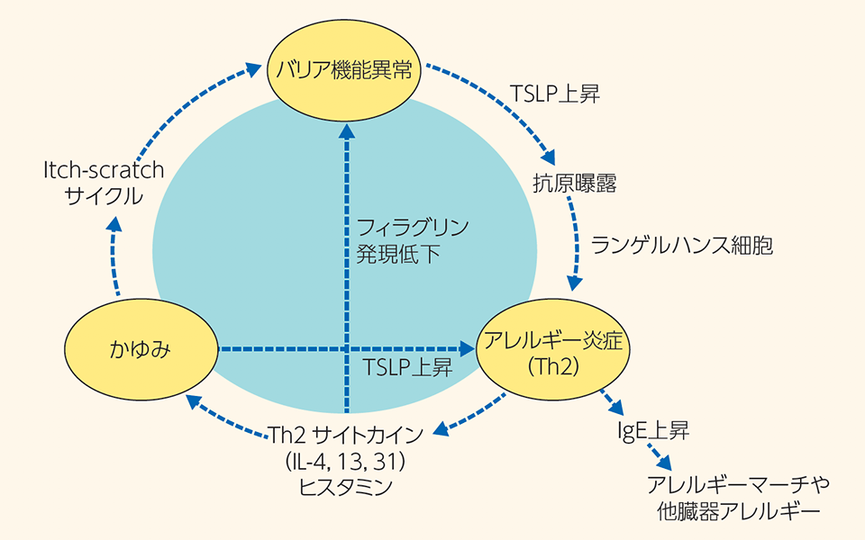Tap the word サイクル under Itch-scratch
(x=105, y=195)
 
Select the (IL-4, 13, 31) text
(x=349, y=462)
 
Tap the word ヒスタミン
(x=349, y=487)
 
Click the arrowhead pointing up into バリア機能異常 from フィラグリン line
(x=345, y=132)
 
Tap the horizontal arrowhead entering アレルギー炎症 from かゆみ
(x=467, y=348)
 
